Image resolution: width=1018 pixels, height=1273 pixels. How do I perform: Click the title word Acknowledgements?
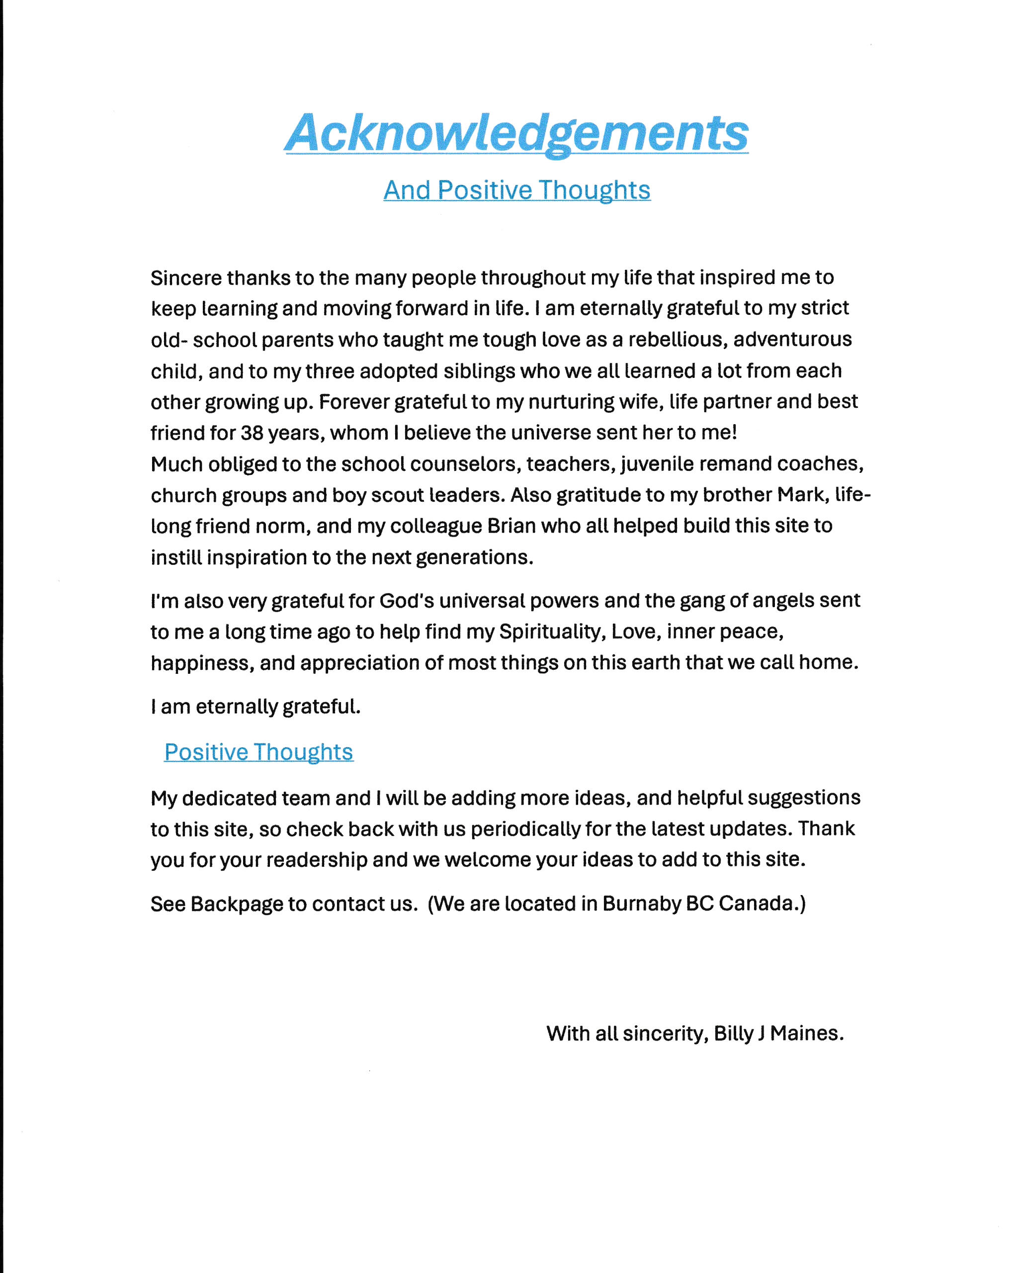[517, 133]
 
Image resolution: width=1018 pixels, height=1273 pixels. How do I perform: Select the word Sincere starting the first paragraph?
[185, 277]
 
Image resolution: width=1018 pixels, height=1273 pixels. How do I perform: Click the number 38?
[252, 433]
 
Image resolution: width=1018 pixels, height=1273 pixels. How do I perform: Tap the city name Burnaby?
[642, 904]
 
